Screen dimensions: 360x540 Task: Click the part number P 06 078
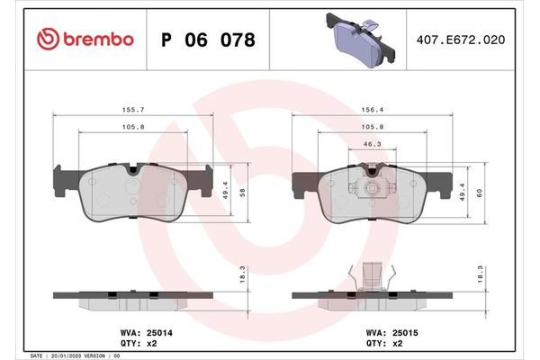[x=207, y=40]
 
